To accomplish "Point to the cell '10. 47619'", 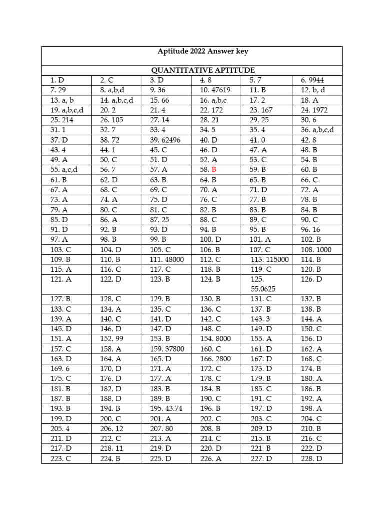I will pos(215,90).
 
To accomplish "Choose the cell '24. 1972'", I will pos(314,110).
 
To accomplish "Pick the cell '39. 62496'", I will pos(165,140).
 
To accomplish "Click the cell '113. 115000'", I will pos(270,260).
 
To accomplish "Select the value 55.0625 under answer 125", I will pos(263,289).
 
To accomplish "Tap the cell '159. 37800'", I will pos(167,349).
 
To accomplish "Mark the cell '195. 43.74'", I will pos(166,409).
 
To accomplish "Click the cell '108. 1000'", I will pos(316,250).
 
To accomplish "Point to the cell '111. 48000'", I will pos(167,260).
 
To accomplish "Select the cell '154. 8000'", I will pos(215,339).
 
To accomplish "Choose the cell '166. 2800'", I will pos(215,359).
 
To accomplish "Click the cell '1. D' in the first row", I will pos(57,80).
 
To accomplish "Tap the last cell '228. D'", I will pos(311,459).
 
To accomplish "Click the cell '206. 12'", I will pos(111,429).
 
